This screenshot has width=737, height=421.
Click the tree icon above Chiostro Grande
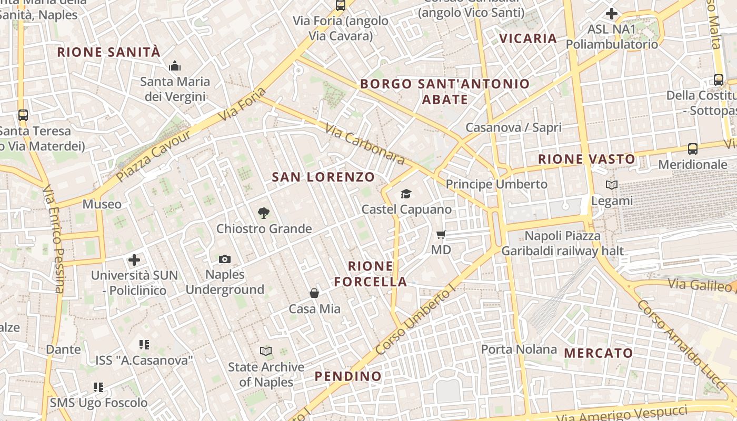pyautogui.click(x=264, y=213)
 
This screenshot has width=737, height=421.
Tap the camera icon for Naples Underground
pyautogui.click(x=225, y=259)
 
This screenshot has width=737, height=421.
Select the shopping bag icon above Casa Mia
pyautogui.click(x=314, y=293)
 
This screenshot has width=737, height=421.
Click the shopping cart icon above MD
pyautogui.click(x=441, y=234)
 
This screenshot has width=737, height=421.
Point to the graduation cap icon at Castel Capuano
pyautogui.click(x=406, y=194)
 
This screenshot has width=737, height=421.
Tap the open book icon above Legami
pyautogui.click(x=611, y=185)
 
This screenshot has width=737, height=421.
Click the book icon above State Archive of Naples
pyautogui.click(x=266, y=351)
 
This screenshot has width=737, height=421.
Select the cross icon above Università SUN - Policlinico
pyautogui.click(x=134, y=259)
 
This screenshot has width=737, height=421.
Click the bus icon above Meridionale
pyautogui.click(x=693, y=149)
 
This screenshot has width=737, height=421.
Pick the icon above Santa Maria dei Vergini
pyautogui.click(x=175, y=66)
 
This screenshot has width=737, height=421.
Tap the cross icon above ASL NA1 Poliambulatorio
pyautogui.click(x=612, y=14)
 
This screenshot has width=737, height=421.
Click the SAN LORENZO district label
pyautogui.click(x=323, y=177)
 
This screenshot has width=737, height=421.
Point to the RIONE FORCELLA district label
pyautogui.click(x=371, y=274)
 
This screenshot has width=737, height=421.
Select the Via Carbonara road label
pyautogui.click(x=364, y=144)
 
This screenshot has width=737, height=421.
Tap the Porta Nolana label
pyautogui.click(x=519, y=349)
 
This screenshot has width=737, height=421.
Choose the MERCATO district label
pyautogui.click(x=598, y=353)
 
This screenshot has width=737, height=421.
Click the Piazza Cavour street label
pyautogui.click(x=154, y=156)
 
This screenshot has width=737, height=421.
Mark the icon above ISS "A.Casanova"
pyautogui.click(x=144, y=345)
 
